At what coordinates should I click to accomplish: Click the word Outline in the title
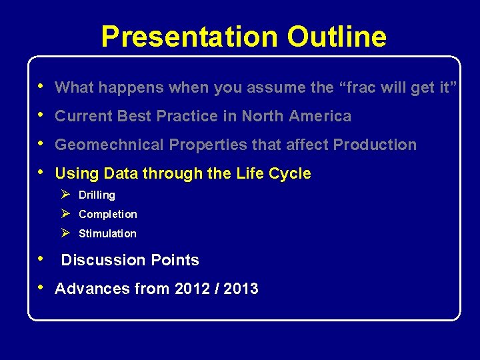[x=337, y=37]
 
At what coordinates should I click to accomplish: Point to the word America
[x=323, y=116]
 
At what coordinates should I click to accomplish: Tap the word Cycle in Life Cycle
[x=289, y=173]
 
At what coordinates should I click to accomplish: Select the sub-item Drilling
[x=97, y=195]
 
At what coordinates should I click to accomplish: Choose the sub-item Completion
[x=107, y=215]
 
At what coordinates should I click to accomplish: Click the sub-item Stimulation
[x=107, y=234]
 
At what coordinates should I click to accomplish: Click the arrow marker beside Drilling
[x=65, y=195]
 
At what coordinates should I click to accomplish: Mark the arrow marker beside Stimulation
[x=65, y=233]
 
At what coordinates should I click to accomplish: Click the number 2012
[x=192, y=289]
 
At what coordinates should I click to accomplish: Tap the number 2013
[x=241, y=289]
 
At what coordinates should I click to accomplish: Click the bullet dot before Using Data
[x=42, y=173]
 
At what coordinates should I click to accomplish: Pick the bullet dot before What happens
[x=42, y=87]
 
